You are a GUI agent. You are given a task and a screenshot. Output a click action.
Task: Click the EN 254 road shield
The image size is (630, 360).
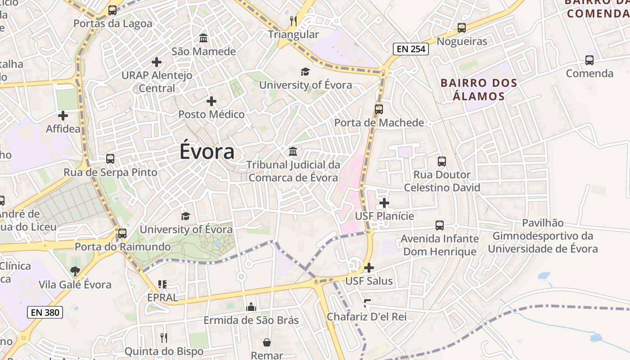click(x=410, y=49)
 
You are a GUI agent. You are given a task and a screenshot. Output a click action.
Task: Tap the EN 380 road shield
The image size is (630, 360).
click(x=45, y=312)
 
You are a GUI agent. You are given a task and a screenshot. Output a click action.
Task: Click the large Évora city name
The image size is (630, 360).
click(x=207, y=151)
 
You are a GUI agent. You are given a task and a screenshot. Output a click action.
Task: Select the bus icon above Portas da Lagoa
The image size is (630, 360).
click(x=112, y=10)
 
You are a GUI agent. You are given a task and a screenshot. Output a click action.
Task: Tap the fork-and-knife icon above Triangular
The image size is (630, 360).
click(x=293, y=21)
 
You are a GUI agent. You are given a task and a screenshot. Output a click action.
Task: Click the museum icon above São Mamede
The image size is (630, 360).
click(x=203, y=38)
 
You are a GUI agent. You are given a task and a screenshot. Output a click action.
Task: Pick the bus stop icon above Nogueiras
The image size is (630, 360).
click(x=462, y=28)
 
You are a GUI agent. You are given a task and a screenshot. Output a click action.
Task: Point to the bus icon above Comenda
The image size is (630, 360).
click(x=589, y=60)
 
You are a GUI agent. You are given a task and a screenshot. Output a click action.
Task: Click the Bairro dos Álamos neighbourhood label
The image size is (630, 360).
click(x=479, y=90)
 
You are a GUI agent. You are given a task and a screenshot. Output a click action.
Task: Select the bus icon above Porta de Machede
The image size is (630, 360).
click(x=379, y=109)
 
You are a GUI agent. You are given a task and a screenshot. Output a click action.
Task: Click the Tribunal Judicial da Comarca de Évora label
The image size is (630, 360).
click(x=293, y=171)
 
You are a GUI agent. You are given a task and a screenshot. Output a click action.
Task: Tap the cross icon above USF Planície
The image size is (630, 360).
click(x=384, y=203)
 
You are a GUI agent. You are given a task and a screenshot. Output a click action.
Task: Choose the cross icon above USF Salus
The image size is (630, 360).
click(x=369, y=268)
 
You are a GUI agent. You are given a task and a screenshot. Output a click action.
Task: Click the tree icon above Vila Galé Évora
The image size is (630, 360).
click(x=75, y=271)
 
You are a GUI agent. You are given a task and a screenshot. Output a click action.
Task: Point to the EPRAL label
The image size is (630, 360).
click(x=163, y=297)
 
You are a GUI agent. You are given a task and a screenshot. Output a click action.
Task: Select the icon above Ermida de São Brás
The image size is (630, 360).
click(x=251, y=307)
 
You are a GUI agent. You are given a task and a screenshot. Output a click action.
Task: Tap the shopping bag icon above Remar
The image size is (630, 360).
click(x=267, y=342)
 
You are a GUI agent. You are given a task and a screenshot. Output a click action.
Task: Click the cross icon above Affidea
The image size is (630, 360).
click(x=63, y=116)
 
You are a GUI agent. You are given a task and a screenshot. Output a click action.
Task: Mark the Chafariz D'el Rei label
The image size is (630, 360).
click(x=366, y=317)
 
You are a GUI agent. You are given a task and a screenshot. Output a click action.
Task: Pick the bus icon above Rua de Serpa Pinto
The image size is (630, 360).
click(x=110, y=159)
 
